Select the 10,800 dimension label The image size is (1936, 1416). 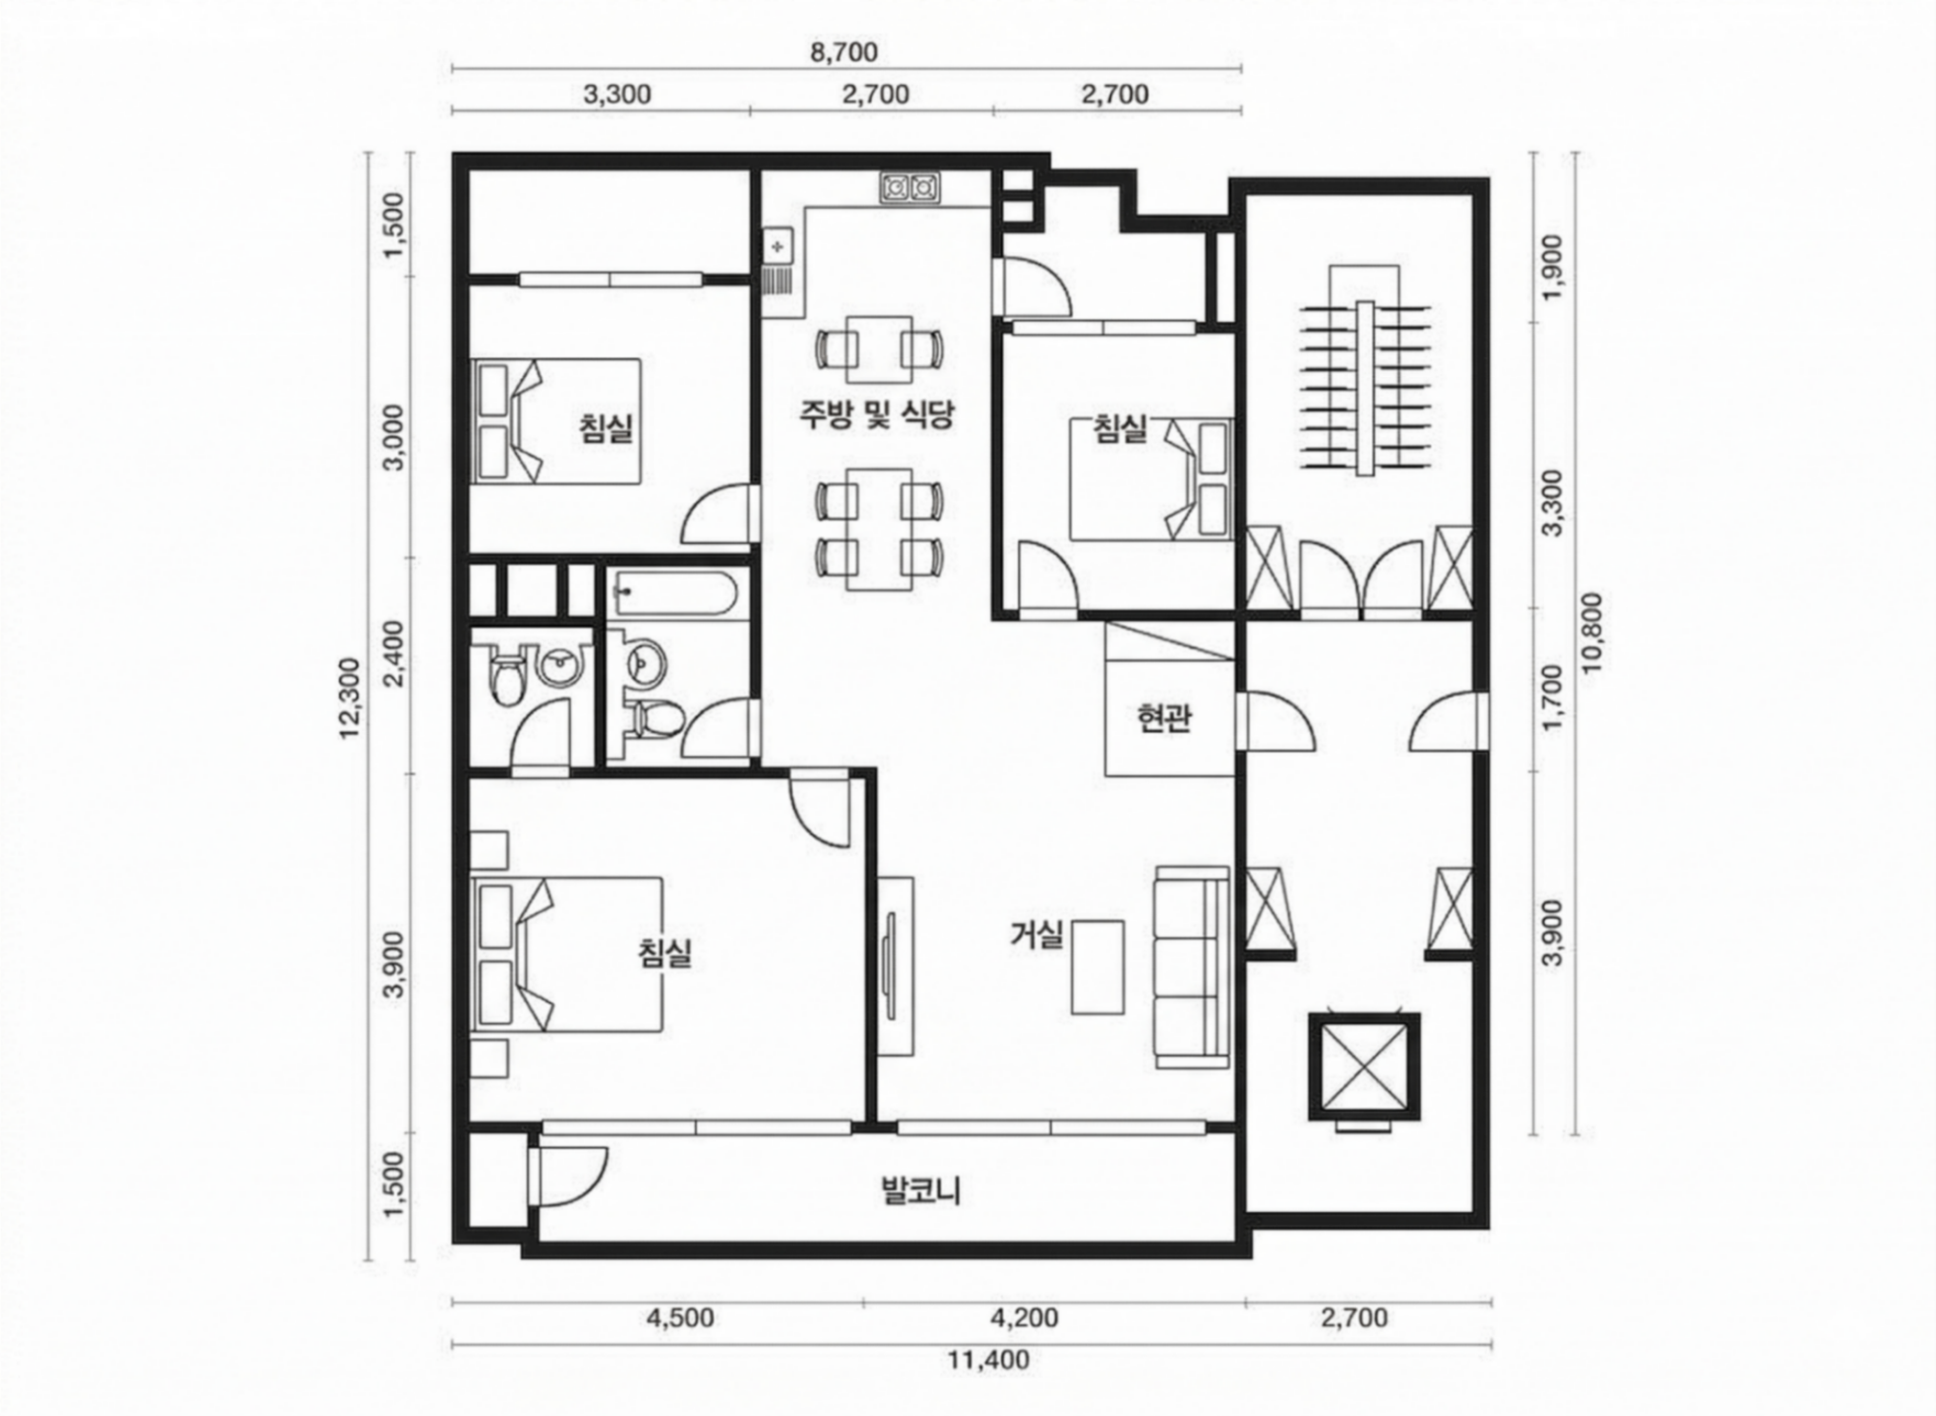click(x=1592, y=633)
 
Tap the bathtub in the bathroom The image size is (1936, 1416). click(x=673, y=594)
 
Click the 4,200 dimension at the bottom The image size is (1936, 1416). click(x=1024, y=1318)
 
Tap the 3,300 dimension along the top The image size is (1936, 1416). click(x=617, y=94)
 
